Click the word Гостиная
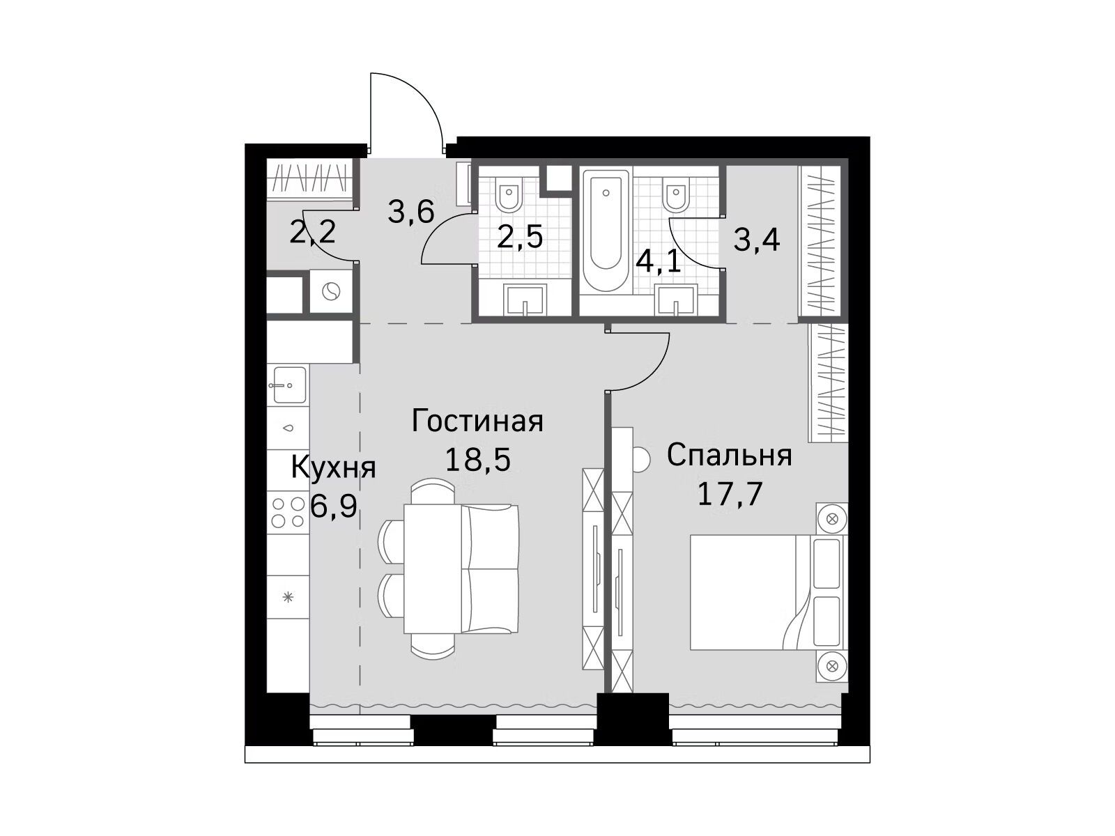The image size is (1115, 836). (x=477, y=421)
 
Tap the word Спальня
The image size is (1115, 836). (x=729, y=456)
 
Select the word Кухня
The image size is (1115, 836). (x=333, y=467)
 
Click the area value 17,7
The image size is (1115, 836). (x=730, y=494)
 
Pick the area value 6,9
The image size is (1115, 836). (x=334, y=506)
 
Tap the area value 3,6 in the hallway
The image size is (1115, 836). (x=411, y=212)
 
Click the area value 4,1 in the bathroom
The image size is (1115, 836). (x=659, y=263)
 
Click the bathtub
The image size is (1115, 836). (x=606, y=230)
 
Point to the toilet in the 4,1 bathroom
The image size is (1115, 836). (x=675, y=196)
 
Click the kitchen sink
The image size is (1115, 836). (x=289, y=385)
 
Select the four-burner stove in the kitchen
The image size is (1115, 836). (x=288, y=512)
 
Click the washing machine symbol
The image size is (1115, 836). (x=331, y=292)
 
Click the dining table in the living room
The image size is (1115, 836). (x=433, y=569)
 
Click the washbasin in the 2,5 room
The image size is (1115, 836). (x=525, y=300)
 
